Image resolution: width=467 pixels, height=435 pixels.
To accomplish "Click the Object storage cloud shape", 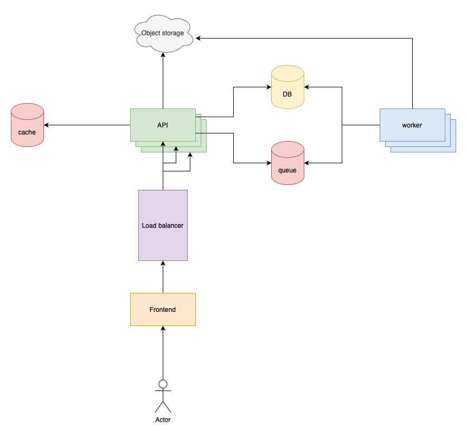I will tap(163, 33).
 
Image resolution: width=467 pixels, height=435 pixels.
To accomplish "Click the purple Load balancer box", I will tap(163, 225).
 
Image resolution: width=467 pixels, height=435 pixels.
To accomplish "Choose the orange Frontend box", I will tap(163, 309).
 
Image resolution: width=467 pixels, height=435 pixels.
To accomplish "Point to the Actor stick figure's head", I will tap(163, 384).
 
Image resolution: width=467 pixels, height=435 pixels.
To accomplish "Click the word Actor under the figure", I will tap(163, 420).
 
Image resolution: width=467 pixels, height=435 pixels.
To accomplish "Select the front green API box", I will tap(163, 125).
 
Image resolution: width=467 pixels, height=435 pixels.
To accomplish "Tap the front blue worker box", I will tap(412, 125).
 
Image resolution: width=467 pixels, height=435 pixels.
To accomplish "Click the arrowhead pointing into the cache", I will tap(47, 125).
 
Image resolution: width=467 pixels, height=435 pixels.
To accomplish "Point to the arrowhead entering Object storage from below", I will tap(163, 56).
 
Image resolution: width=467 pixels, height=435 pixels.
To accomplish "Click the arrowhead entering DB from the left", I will tap(268, 87).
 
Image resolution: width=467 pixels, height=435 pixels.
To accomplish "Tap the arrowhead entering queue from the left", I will tap(268, 163).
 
